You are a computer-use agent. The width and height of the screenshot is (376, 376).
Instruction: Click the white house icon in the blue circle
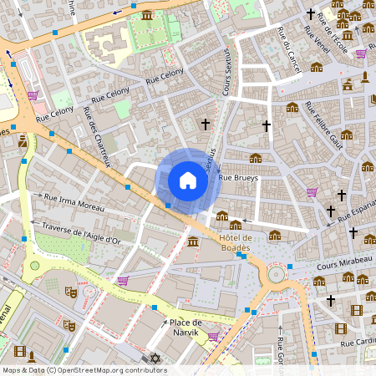coord(188,180)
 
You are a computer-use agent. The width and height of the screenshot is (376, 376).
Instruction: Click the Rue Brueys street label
coord(239,178)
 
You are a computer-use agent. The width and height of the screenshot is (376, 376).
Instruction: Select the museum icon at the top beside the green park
coord(147,15)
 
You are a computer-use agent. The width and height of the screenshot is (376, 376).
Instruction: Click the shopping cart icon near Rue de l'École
coord(361,53)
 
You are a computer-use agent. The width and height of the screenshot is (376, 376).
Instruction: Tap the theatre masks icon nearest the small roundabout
coord(71,292)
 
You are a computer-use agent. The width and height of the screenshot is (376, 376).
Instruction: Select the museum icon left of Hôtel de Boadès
coord(193,242)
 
